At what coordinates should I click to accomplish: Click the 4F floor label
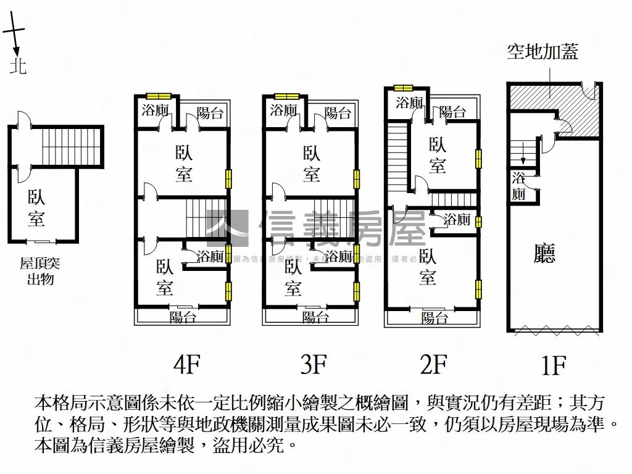pyautogui.click(x=187, y=365)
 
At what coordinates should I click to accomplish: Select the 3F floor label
pyautogui.click(x=313, y=365)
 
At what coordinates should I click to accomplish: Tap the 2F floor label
pyautogui.click(x=433, y=365)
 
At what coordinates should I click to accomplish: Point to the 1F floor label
pyautogui.click(x=554, y=365)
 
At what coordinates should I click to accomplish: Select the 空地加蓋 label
pyautogui.click(x=543, y=52)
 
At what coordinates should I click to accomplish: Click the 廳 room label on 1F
pyautogui.click(x=544, y=254)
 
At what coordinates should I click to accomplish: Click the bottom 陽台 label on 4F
pyautogui.click(x=183, y=317)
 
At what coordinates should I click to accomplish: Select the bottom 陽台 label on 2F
pyautogui.click(x=434, y=318)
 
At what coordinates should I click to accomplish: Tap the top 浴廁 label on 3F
pyautogui.click(x=283, y=110)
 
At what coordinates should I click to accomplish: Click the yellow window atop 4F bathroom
pyautogui.click(x=158, y=96)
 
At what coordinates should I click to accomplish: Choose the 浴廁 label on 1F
pyautogui.click(x=518, y=186)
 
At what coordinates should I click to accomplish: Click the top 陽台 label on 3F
pyautogui.click(x=337, y=113)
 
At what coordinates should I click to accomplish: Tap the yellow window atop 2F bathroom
pyautogui.click(x=403, y=88)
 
